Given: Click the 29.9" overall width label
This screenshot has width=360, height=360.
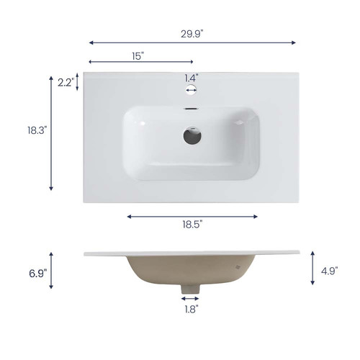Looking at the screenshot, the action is pyautogui.click(x=192, y=34).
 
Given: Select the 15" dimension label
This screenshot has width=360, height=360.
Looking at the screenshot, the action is pyautogui.click(x=138, y=56).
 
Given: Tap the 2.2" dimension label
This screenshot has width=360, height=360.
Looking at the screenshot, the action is pyautogui.click(x=65, y=83).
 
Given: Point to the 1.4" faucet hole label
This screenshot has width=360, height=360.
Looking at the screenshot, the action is pyautogui.click(x=192, y=78).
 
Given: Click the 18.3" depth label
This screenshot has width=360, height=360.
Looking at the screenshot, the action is pyautogui.click(x=36, y=130).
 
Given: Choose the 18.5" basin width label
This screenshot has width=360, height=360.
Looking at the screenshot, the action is pyautogui.click(x=192, y=225).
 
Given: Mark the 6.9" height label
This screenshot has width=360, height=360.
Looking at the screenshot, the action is pyautogui.click(x=38, y=274).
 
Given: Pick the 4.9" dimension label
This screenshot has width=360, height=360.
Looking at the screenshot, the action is pyautogui.click(x=330, y=271).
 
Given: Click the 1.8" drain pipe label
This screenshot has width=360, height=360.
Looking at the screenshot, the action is pyautogui.click(x=192, y=310).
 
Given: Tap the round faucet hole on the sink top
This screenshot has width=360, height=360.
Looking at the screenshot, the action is pyautogui.click(x=191, y=90).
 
